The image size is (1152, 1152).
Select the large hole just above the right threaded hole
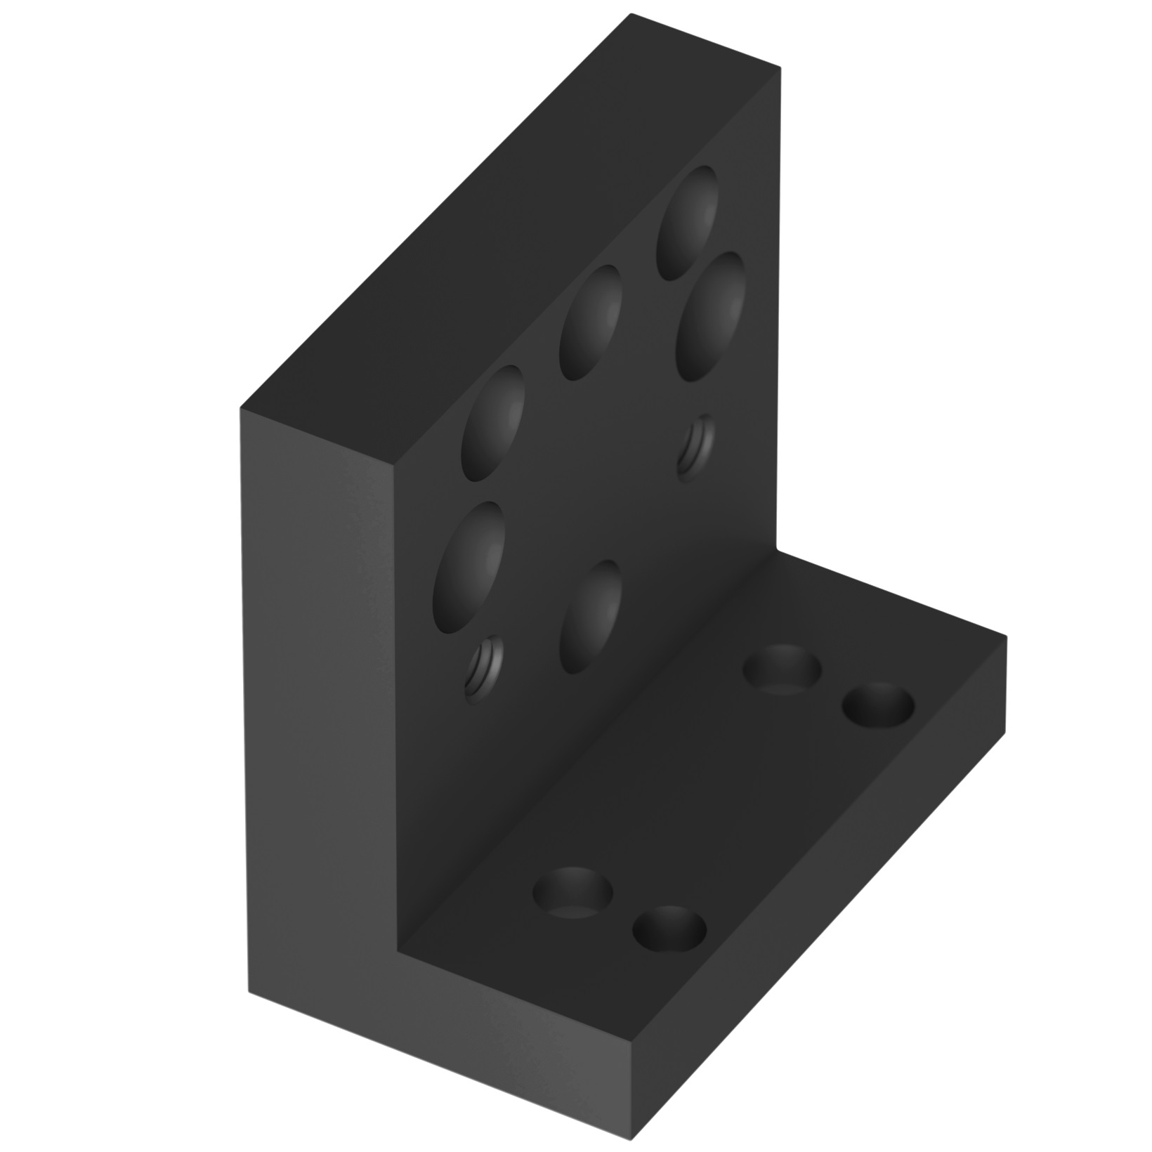(x=711, y=317)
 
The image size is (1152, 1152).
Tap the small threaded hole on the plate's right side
(x=697, y=447)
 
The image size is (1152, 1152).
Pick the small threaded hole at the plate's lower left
(x=485, y=672)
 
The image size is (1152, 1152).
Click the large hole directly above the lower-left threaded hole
(x=470, y=565)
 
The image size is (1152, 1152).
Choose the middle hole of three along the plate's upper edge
(x=590, y=323)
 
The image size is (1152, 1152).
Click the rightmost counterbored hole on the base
(x=879, y=706)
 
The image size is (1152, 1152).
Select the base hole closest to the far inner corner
(x=783, y=667)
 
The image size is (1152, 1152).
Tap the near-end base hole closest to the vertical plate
(x=572, y=892)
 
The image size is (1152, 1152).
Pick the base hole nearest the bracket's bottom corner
(x=669, y=931)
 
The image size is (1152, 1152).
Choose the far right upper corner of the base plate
(x=1006, y=636)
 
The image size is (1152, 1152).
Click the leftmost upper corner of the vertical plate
(x=240, y=407)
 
